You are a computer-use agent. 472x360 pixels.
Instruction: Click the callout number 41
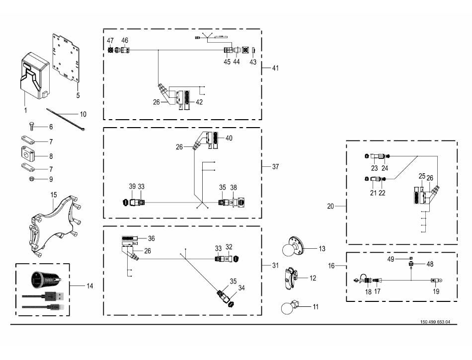pos(275,68)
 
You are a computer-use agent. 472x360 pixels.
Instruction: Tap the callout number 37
pos(275,167)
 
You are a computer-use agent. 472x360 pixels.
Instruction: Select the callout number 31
pos(275,266)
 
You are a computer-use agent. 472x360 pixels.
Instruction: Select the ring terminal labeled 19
pos(436,281)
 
